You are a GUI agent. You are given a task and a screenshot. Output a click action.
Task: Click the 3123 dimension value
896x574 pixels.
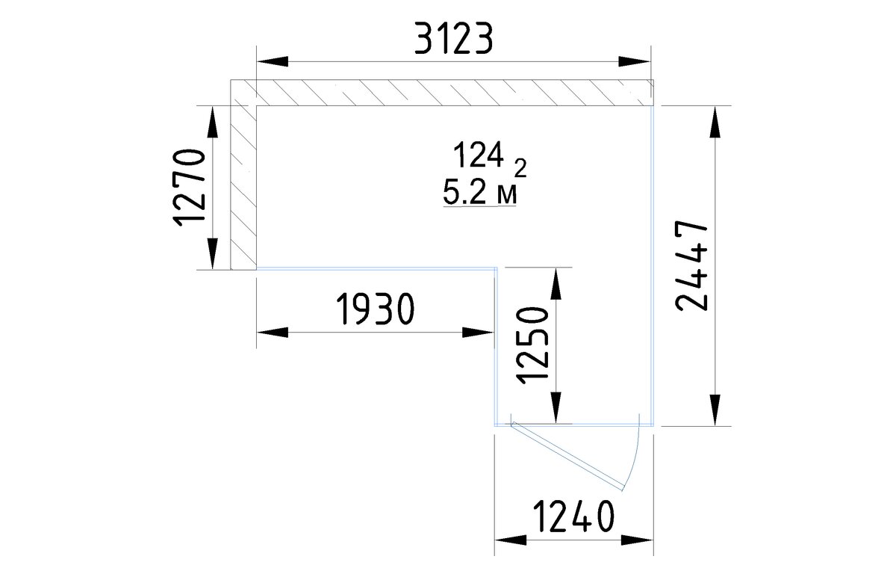coord(454,38)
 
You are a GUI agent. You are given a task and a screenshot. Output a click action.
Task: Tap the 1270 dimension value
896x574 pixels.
coord(189,188)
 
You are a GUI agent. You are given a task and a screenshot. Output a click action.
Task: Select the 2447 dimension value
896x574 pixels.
coord(691,266)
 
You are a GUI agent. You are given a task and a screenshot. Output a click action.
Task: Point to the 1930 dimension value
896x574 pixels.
coord(376,309)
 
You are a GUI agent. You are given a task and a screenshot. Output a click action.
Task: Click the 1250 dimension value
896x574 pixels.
coord(532,345)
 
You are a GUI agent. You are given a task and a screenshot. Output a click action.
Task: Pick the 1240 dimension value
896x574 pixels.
coord(573,516)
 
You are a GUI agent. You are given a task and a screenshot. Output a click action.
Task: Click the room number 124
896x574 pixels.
coord(479,155)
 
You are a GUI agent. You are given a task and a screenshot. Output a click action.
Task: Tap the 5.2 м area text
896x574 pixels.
coord(479,192)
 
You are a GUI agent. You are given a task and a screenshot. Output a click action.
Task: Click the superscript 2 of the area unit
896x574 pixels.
coord(520,168)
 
